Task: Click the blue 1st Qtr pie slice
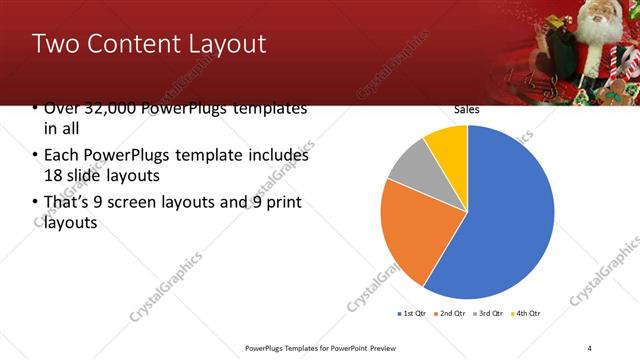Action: click(x=500, y=215)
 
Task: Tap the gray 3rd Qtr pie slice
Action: click(x=411, y=168)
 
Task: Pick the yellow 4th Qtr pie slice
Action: click(x=448, y=146)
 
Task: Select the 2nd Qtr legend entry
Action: click(x=452, y=313)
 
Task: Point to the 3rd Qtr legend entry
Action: click(x=489, y=313)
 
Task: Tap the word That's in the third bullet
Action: click(x=67, y=203)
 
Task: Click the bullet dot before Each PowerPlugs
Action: click(x=36, y=156)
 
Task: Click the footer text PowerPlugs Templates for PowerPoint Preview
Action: click(x=321, y=347)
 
